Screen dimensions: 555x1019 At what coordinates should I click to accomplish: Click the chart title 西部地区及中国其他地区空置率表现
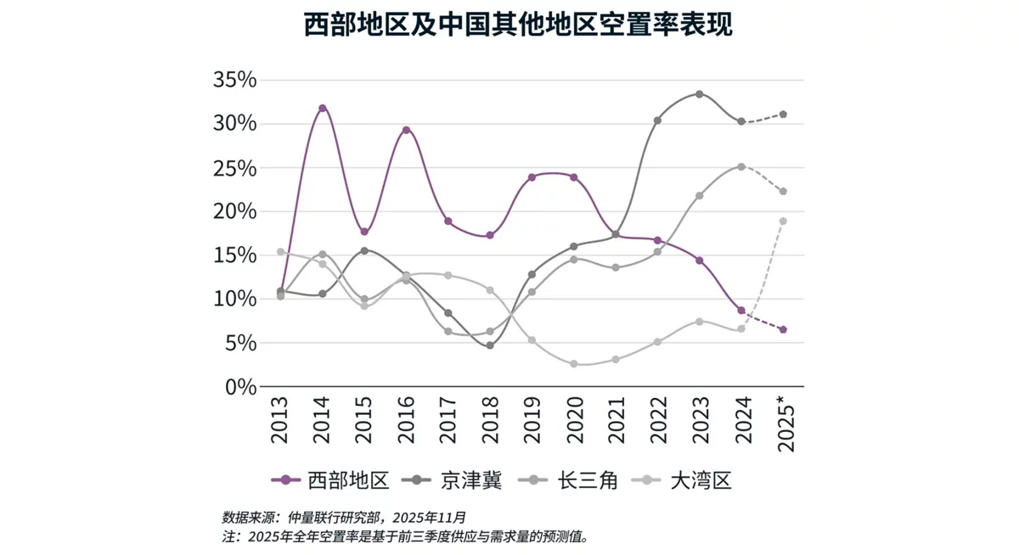(518, 25)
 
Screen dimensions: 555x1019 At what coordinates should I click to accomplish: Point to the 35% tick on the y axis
(234, 81)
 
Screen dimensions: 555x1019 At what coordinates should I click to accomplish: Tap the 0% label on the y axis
(238, 387)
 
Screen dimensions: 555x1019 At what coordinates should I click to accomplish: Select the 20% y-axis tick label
(234, 212)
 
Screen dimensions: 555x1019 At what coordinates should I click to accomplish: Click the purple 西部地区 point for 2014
(323, 108)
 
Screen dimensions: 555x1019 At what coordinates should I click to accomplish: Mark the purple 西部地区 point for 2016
(407, 130)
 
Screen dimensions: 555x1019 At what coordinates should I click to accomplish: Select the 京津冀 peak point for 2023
(700, 94)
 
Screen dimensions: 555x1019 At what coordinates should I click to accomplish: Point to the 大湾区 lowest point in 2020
(574, 364)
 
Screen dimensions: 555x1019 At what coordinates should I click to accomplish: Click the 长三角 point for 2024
(741, 166)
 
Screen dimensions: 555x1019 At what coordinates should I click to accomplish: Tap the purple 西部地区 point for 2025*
(783, 329)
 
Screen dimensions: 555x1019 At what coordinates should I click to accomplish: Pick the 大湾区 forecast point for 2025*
(783, 221)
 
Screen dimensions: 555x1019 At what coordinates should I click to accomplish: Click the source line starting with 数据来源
(344, 517)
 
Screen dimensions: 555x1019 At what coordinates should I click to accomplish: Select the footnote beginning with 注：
(405, 536)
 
